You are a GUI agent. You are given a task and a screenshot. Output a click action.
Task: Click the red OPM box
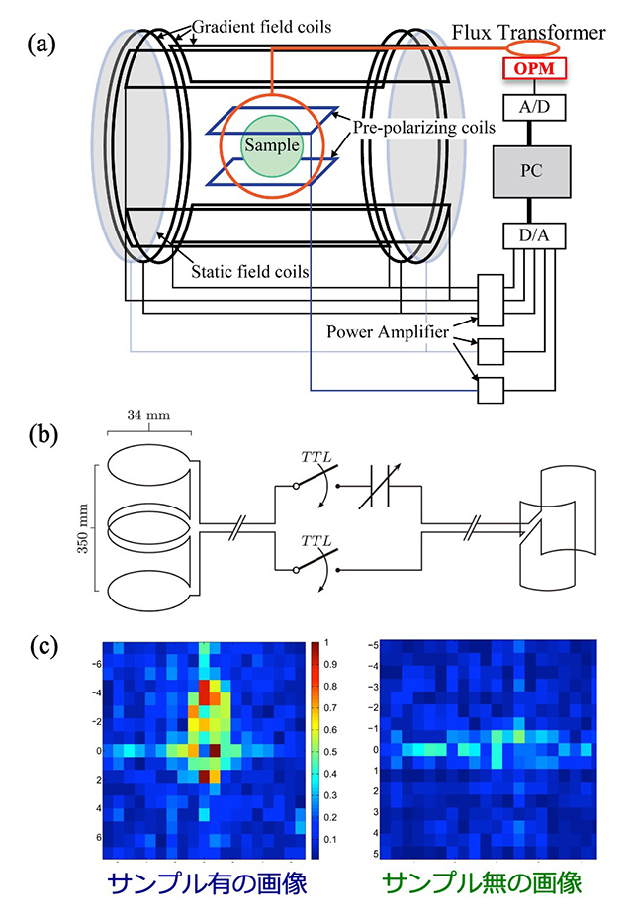coord(534,69)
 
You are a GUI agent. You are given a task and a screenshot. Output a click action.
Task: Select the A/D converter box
coord(534,106)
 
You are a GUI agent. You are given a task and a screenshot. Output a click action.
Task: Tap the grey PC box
coord(534,171)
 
